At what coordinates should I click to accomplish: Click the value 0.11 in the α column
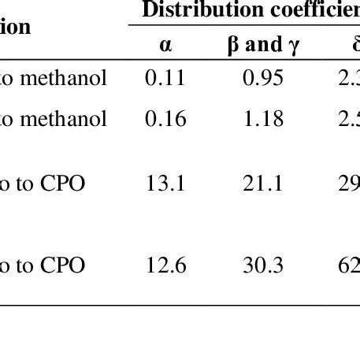(165, 78)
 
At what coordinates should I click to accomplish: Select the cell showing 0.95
(254, 78)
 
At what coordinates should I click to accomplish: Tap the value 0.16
(165, 120)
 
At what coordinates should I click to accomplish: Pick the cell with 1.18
(254, 120)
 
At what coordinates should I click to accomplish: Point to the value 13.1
(165, 184)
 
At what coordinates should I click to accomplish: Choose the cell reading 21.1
(254, 184)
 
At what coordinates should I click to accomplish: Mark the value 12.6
(165, 266)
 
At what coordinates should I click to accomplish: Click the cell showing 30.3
(254, 266)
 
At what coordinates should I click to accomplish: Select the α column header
(165, 44)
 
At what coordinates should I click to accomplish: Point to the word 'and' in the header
(252, 44)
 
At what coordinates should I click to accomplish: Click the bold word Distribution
(186, 10)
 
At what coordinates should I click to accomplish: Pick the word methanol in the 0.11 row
(69, 78)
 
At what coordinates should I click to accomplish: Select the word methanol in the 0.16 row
(69, 120)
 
